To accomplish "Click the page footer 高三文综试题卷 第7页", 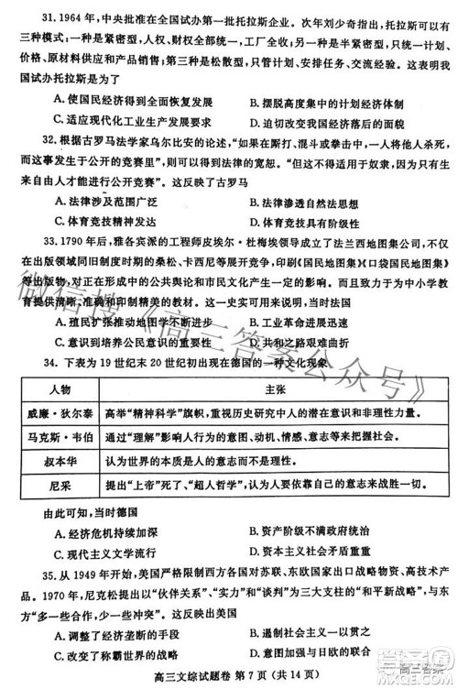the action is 196,678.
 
